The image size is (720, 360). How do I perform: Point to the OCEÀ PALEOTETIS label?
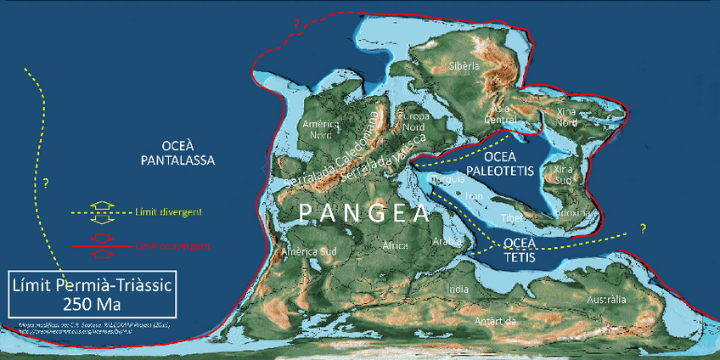pos(506,164)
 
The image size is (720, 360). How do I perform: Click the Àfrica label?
pos(395,245)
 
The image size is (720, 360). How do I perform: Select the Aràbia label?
pos(447,241)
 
